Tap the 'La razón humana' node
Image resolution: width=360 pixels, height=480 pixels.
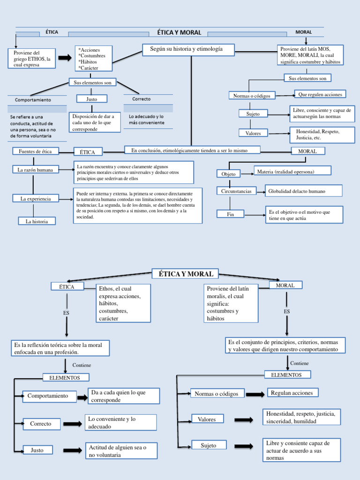click(35, 170)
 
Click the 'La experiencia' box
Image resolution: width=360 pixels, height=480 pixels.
click(35, 199)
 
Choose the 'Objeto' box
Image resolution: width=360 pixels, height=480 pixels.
click(228, 174)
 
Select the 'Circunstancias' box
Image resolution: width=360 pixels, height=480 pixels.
click(236, 191)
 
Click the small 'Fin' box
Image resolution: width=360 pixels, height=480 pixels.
click(230, 214)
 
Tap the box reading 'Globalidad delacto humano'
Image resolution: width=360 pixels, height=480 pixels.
click(303, 191)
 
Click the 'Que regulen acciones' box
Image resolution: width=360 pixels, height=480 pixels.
click(320, 94)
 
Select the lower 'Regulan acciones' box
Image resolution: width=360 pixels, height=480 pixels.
click(293, 393)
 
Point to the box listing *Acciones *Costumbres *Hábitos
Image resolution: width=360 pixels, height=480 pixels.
click(94, 58)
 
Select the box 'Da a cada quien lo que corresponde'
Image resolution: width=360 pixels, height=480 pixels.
click(124, 396)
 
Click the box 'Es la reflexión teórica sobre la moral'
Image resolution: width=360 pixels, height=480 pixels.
click(60, 348)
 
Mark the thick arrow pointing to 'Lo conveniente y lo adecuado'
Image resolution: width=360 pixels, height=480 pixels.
click(73, 424)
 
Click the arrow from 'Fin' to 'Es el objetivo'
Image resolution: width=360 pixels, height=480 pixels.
click(255, 215)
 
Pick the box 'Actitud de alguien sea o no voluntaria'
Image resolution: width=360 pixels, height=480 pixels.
click(121, 451)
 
